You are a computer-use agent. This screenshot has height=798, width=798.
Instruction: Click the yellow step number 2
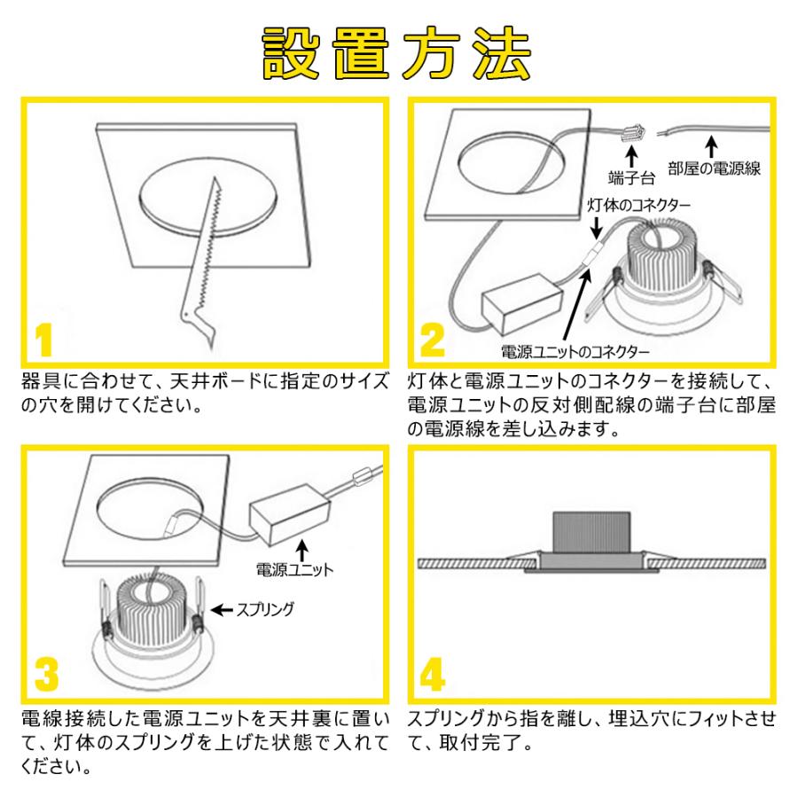click(433, 341)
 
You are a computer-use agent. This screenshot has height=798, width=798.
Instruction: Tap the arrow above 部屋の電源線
click(711, 144)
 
